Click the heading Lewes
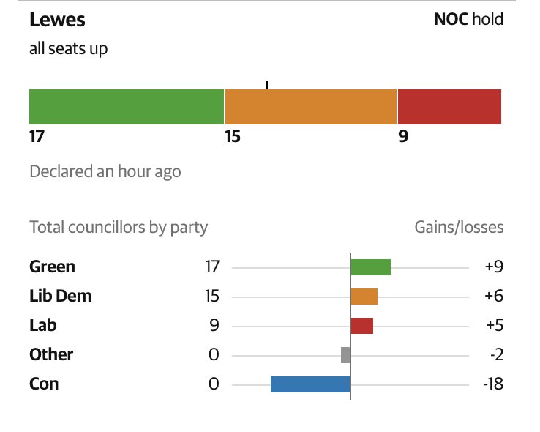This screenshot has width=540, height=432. click(x=56, y=20)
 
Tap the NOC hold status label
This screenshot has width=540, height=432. click(x=468, y=19)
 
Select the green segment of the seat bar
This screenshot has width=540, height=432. click(x=126, y=107)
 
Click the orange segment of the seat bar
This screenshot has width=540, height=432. click(x=310, y=107)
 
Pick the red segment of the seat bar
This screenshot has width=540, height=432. click(x=449, y=107)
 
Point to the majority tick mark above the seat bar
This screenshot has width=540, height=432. click(x=267, y=85)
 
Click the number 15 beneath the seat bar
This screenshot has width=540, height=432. click(x=233, y=136)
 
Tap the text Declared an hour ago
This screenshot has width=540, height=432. click(x=105, y=171)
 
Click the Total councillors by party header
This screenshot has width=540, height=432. click(x=119, y=227)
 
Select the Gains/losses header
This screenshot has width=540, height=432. click(x=459, y=227)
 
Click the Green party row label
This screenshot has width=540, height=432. click(x=52, y=267)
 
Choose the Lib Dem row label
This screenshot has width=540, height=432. click(x=60, y=296)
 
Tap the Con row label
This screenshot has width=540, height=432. click(x=44, y=384)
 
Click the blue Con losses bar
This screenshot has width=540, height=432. click(x=310, y=384)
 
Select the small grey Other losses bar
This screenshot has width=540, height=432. click(x=345, y=354)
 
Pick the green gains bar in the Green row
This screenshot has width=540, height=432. click(x=370, y=267)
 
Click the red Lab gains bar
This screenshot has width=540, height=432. click(x=361, y=325)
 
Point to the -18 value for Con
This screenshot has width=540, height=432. click(x=493, y=384)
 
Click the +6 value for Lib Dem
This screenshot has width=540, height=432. click(x=494, y=296)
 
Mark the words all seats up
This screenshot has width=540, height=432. click(x=68, y=49)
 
